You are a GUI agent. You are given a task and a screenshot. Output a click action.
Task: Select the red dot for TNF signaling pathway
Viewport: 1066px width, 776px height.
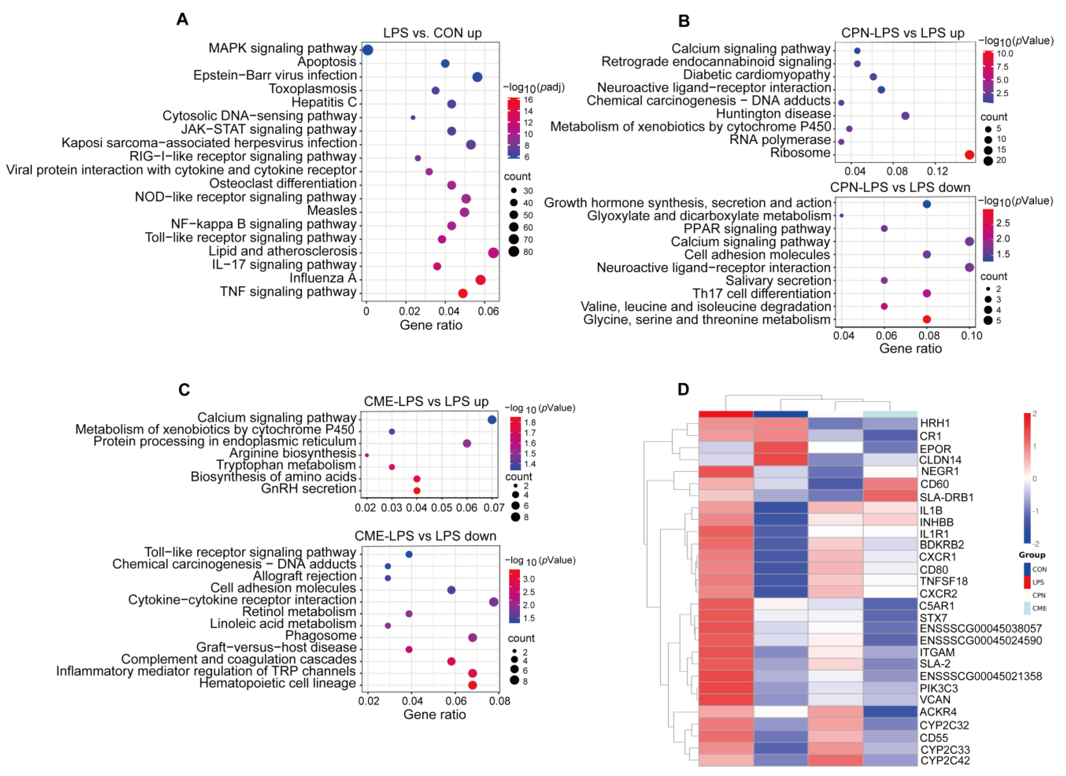463,293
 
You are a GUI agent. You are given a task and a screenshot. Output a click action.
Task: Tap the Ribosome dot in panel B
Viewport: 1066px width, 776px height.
969,155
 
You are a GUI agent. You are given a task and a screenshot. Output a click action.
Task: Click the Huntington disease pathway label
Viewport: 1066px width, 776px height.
773,114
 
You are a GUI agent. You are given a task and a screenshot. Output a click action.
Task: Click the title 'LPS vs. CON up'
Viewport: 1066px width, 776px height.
432,33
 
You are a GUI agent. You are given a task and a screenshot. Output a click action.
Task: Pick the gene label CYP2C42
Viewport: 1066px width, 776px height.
945,761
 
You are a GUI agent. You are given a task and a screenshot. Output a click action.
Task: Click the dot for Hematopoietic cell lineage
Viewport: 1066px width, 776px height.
473,685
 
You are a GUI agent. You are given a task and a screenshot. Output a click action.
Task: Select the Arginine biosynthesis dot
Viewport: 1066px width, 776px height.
367,455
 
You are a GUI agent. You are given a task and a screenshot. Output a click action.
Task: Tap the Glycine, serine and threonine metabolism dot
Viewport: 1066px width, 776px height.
926,319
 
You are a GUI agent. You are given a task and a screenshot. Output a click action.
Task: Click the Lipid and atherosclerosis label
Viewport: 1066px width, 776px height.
283,251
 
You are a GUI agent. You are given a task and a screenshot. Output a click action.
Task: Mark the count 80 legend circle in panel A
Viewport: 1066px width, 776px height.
514,252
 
